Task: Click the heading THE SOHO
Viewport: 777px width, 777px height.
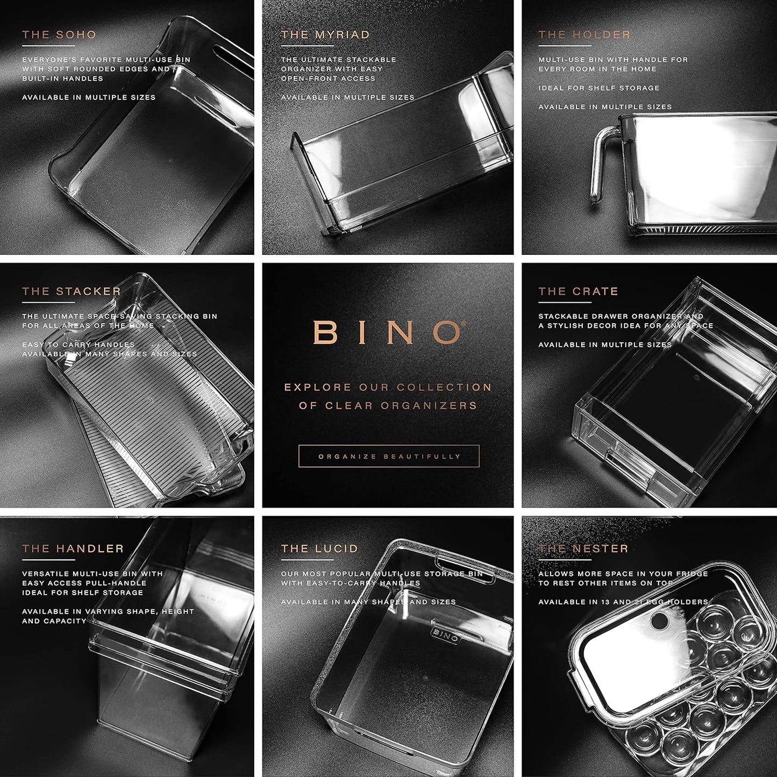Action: [x=59, y=35]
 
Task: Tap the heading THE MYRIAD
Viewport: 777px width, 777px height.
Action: [x=325, y=35]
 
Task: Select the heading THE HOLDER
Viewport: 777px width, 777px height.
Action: [x=584, y=35]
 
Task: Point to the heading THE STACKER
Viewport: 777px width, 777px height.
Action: [x=72, y=291]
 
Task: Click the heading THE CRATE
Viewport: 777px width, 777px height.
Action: [x=579, y=291]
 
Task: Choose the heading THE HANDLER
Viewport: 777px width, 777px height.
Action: [x=73, y=548]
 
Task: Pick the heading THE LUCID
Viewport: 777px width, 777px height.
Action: [x=319, y=548]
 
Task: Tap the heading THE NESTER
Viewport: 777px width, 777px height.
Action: [x=583, y=548]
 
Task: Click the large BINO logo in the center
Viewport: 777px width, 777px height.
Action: [x=388, y=333]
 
